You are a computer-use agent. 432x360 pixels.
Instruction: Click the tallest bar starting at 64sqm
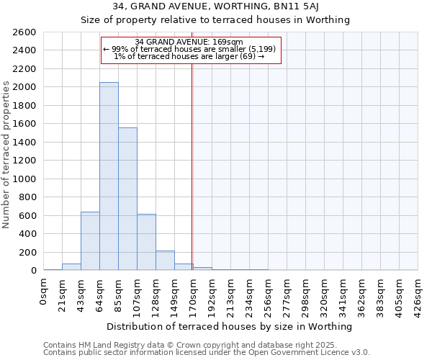(x=109, y=176)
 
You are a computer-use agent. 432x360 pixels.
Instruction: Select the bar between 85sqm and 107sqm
(x=127, y=199)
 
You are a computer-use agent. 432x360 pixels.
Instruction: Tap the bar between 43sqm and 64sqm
(x=90, y=241)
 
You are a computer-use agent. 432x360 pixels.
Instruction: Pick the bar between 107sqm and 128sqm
(x=146, y=242)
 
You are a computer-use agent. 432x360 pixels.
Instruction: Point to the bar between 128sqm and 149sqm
(x=165, y=261)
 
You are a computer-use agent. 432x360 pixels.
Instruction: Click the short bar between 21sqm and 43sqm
(x=71, y=266)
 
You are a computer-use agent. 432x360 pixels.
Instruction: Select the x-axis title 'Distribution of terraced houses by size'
(x=230, y=326)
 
